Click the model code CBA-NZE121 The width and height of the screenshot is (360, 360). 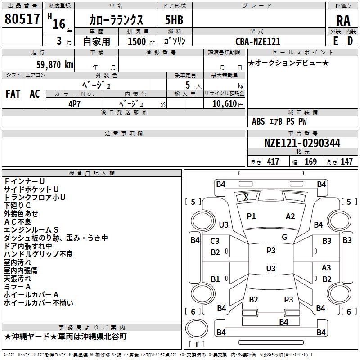coord(258,41)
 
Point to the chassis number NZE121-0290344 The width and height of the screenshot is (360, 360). coord(302,144)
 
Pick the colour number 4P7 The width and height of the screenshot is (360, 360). coord(75,103)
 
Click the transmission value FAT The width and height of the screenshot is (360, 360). coord(13,94)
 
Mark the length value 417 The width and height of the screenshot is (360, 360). coord(273,162)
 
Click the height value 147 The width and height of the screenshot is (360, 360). coord(346,162)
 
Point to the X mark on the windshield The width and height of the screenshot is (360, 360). coord(246,197)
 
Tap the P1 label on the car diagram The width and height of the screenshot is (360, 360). coord(251,216)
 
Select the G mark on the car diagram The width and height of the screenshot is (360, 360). coord(284,237)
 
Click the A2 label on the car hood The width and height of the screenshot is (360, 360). coord(290,216)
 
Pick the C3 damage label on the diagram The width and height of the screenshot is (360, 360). coord(215,241)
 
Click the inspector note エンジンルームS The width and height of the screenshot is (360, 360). coord(31,230)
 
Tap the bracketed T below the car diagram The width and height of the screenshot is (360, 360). coord(197,345)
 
